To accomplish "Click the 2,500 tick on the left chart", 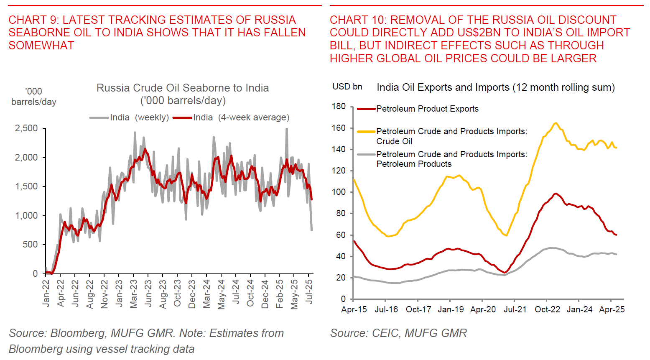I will tap(26, 128).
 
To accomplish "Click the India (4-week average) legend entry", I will tap(232, 117).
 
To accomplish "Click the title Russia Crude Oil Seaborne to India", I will tap(183, 88).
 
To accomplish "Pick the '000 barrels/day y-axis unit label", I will tap(33, 97).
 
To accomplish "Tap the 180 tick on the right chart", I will tap(339, 106).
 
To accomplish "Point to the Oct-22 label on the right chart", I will tap(547, 309).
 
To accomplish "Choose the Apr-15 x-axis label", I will tap(354, 309).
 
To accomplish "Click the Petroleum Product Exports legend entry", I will tap(418, 109).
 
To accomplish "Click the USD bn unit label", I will tap(347, 87).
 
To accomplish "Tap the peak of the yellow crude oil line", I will tap(556, 123).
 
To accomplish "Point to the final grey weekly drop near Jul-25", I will tap(311, 229).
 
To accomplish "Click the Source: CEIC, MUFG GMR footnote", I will tap(398, 333).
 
